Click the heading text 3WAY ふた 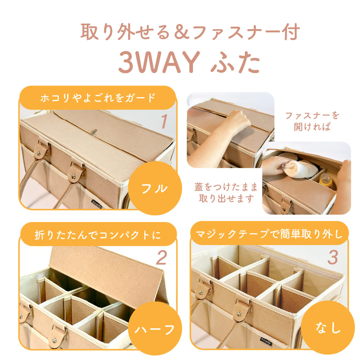click(x=189, y=62)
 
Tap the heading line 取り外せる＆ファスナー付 click(x=190, y=32)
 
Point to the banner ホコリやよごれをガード click(x=98, y=98)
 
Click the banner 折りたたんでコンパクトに click(x=98, y=235)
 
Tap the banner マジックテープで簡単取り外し click(x=269, y=234)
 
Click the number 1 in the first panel click(x=164, y=121)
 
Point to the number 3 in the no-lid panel click(x=333, y=257)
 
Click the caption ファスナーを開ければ click(x=312, y=121)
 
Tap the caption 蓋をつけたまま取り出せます click(x=226, y=193)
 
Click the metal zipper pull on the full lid click(x=94, y=133)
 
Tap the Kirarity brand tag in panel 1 click(x=96, y=204)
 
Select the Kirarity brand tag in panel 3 click(x=266, y=341)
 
